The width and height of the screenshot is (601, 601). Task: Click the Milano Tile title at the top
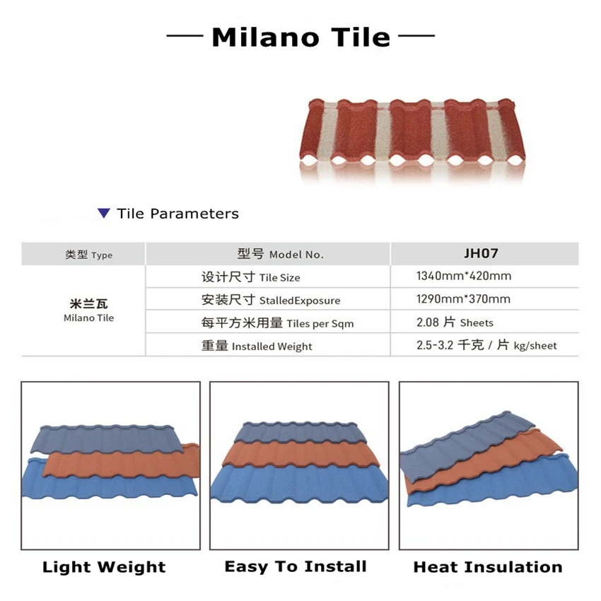pyautogui.click(x=300, y=37)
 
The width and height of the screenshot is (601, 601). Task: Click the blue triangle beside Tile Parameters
pyautogui.click(x=104, y=214)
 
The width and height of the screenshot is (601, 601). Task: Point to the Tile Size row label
pyautogui.click(x=251, y=277)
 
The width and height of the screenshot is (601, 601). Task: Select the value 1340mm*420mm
pyautogui.click(x=464, y=276)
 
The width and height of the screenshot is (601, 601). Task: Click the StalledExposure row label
pyautogui.click(x=271, y=300)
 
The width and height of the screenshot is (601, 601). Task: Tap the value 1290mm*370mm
pyautogui.click(x=464, y=298)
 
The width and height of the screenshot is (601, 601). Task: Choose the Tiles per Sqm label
pyautogui.click(x=277, y=323)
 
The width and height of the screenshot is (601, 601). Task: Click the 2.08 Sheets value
pyautogui.click(x=455, y=322)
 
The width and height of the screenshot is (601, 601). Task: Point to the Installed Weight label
pyautogui.click(x=257, y=346)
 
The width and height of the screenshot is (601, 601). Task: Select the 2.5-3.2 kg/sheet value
pyautogui.click(x=486, y=345)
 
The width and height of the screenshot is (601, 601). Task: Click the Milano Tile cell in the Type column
pyautogui.click(x=88, y=311)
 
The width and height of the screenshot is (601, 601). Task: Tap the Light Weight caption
pyautogui.click(x=104, y=567)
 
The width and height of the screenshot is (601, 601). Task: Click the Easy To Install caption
pyautogui.click(x=296, y=566)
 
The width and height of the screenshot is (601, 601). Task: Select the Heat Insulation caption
pyautogui.click(x=488, y=567)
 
